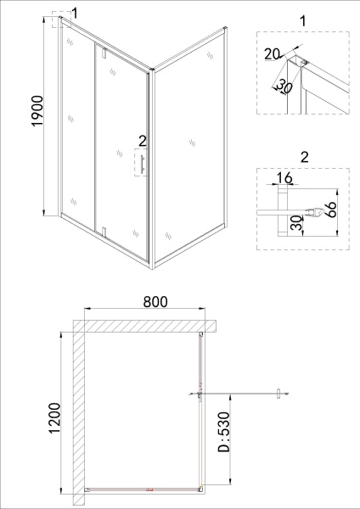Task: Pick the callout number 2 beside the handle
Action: (143, 140)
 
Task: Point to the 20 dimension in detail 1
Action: (272, 54)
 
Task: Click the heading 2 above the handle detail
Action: (304, 157)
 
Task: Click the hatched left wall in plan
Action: (78, 407)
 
